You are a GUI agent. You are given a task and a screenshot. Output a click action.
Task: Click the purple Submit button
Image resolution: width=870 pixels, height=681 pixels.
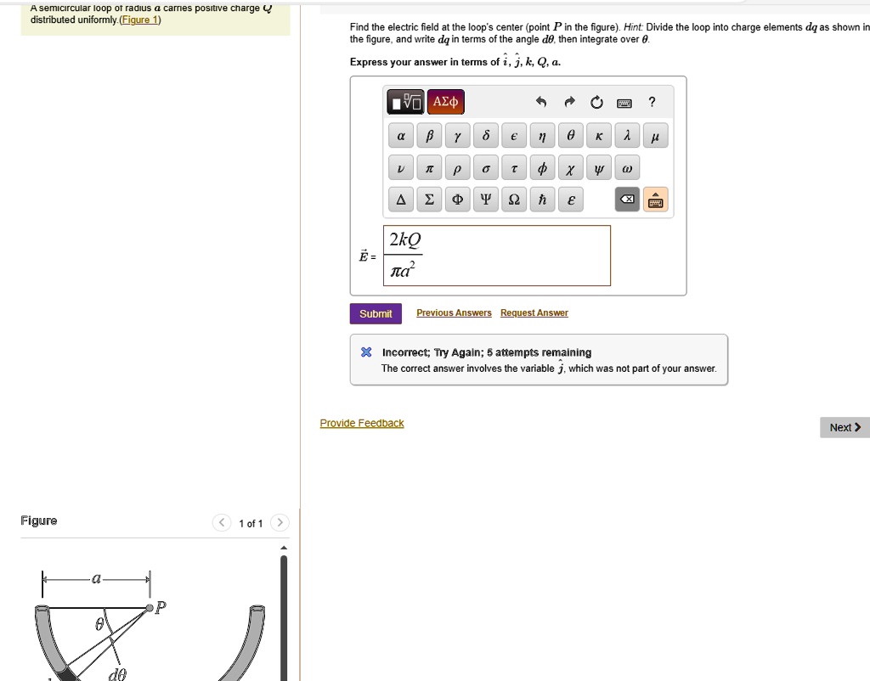(x=376, y=313)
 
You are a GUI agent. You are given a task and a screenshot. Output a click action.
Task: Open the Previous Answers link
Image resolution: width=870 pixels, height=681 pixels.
(x=454, y=313)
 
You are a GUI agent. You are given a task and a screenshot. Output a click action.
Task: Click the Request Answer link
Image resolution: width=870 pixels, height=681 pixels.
(x=534, y=313)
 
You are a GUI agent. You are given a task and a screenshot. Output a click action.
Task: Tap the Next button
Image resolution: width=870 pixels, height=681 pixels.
(x=845, y=427)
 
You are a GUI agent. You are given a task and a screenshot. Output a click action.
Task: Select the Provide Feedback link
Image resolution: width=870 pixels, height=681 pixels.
(x=362, y=423)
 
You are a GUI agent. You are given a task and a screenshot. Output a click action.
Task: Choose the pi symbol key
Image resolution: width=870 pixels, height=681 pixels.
(x=429, y=169)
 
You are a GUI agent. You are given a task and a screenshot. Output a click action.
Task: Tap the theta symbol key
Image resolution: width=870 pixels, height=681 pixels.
(x=571, y=136)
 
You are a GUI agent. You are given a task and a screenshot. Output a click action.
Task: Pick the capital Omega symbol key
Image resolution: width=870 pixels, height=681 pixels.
(x=514, y=200)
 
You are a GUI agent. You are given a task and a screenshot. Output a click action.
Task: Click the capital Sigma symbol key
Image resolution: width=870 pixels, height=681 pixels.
(x=429, y=200)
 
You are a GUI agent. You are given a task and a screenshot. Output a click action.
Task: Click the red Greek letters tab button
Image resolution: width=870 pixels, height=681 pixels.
(x=445, y=103)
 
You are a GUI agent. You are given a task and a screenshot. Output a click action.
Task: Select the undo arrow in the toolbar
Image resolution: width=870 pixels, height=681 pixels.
(x=540, y=103)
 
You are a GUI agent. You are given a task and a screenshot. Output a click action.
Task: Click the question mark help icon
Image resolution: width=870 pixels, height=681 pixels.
(x=652, y=103)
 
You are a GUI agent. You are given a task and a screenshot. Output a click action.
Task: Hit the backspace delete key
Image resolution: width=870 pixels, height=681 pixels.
(x=626, y=200)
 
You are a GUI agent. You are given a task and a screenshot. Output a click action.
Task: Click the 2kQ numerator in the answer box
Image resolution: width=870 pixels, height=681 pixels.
(x=404, y=240)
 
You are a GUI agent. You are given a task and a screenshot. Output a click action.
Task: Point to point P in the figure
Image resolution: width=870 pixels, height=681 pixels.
(x=150, y=607)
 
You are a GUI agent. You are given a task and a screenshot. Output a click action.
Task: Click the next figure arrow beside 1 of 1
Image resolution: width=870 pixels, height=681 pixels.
(x=280, y=522)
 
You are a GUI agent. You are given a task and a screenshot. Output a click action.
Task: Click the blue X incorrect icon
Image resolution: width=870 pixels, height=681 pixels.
(x=366, y=352)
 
